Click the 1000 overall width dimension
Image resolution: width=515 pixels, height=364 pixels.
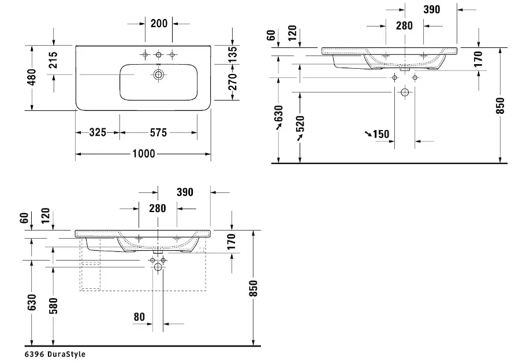pos(144,154)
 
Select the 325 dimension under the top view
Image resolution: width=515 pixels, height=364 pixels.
pos(98,132)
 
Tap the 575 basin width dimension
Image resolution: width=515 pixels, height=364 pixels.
pos(158,132)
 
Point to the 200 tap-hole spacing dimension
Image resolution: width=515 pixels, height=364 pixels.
pos(159,23)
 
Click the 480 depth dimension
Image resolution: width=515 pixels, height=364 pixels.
pos(32,77)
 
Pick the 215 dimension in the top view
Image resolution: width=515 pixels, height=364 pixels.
pos(53,60)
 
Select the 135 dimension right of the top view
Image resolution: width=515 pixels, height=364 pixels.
pos(232,55)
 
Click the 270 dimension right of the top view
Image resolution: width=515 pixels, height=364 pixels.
pos(232,82)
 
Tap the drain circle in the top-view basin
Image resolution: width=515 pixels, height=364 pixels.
pos(159,75)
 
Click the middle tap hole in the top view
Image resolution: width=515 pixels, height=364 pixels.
pos(159,54)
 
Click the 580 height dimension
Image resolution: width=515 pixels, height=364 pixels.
pos(53,306)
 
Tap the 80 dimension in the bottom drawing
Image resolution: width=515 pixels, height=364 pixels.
pos(139,317)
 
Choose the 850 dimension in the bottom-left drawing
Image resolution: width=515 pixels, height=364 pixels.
pos(253,288)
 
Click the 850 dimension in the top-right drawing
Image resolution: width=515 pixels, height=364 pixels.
pos(500,106)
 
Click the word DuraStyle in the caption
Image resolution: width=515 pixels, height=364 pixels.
pos(66,354)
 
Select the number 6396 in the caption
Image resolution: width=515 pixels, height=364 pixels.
pos(34,354)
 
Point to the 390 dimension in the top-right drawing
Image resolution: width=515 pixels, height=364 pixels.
pos(432,10)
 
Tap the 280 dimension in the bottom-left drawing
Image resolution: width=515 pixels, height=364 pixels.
pos(158,208)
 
